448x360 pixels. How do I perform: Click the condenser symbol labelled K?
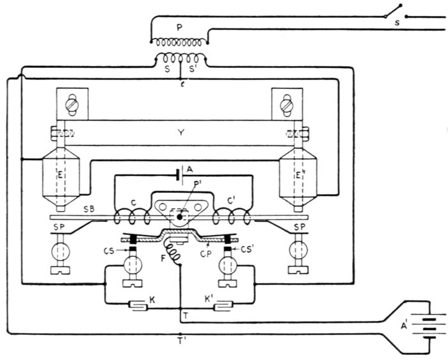point(139,305)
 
